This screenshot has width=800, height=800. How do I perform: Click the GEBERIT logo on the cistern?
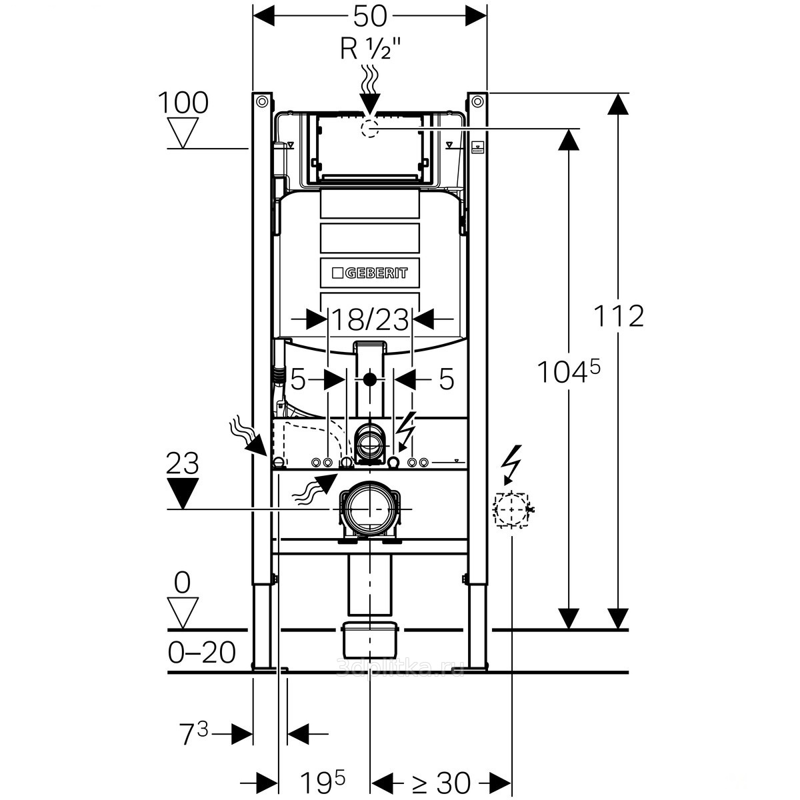pos(369,273)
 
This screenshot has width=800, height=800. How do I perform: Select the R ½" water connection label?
pos(370,49)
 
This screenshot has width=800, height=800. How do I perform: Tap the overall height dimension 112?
pos(619,316)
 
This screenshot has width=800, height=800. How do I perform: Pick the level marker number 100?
pos(183,103)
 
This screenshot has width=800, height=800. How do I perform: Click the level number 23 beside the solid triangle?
pos(183,464)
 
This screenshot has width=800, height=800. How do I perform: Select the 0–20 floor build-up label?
pos(201,653)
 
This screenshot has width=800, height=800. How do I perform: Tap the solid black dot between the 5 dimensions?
pos(370,381)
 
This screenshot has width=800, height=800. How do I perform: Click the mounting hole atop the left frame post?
pos(262,102)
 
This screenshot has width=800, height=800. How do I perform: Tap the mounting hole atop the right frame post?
pos(477,102)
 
